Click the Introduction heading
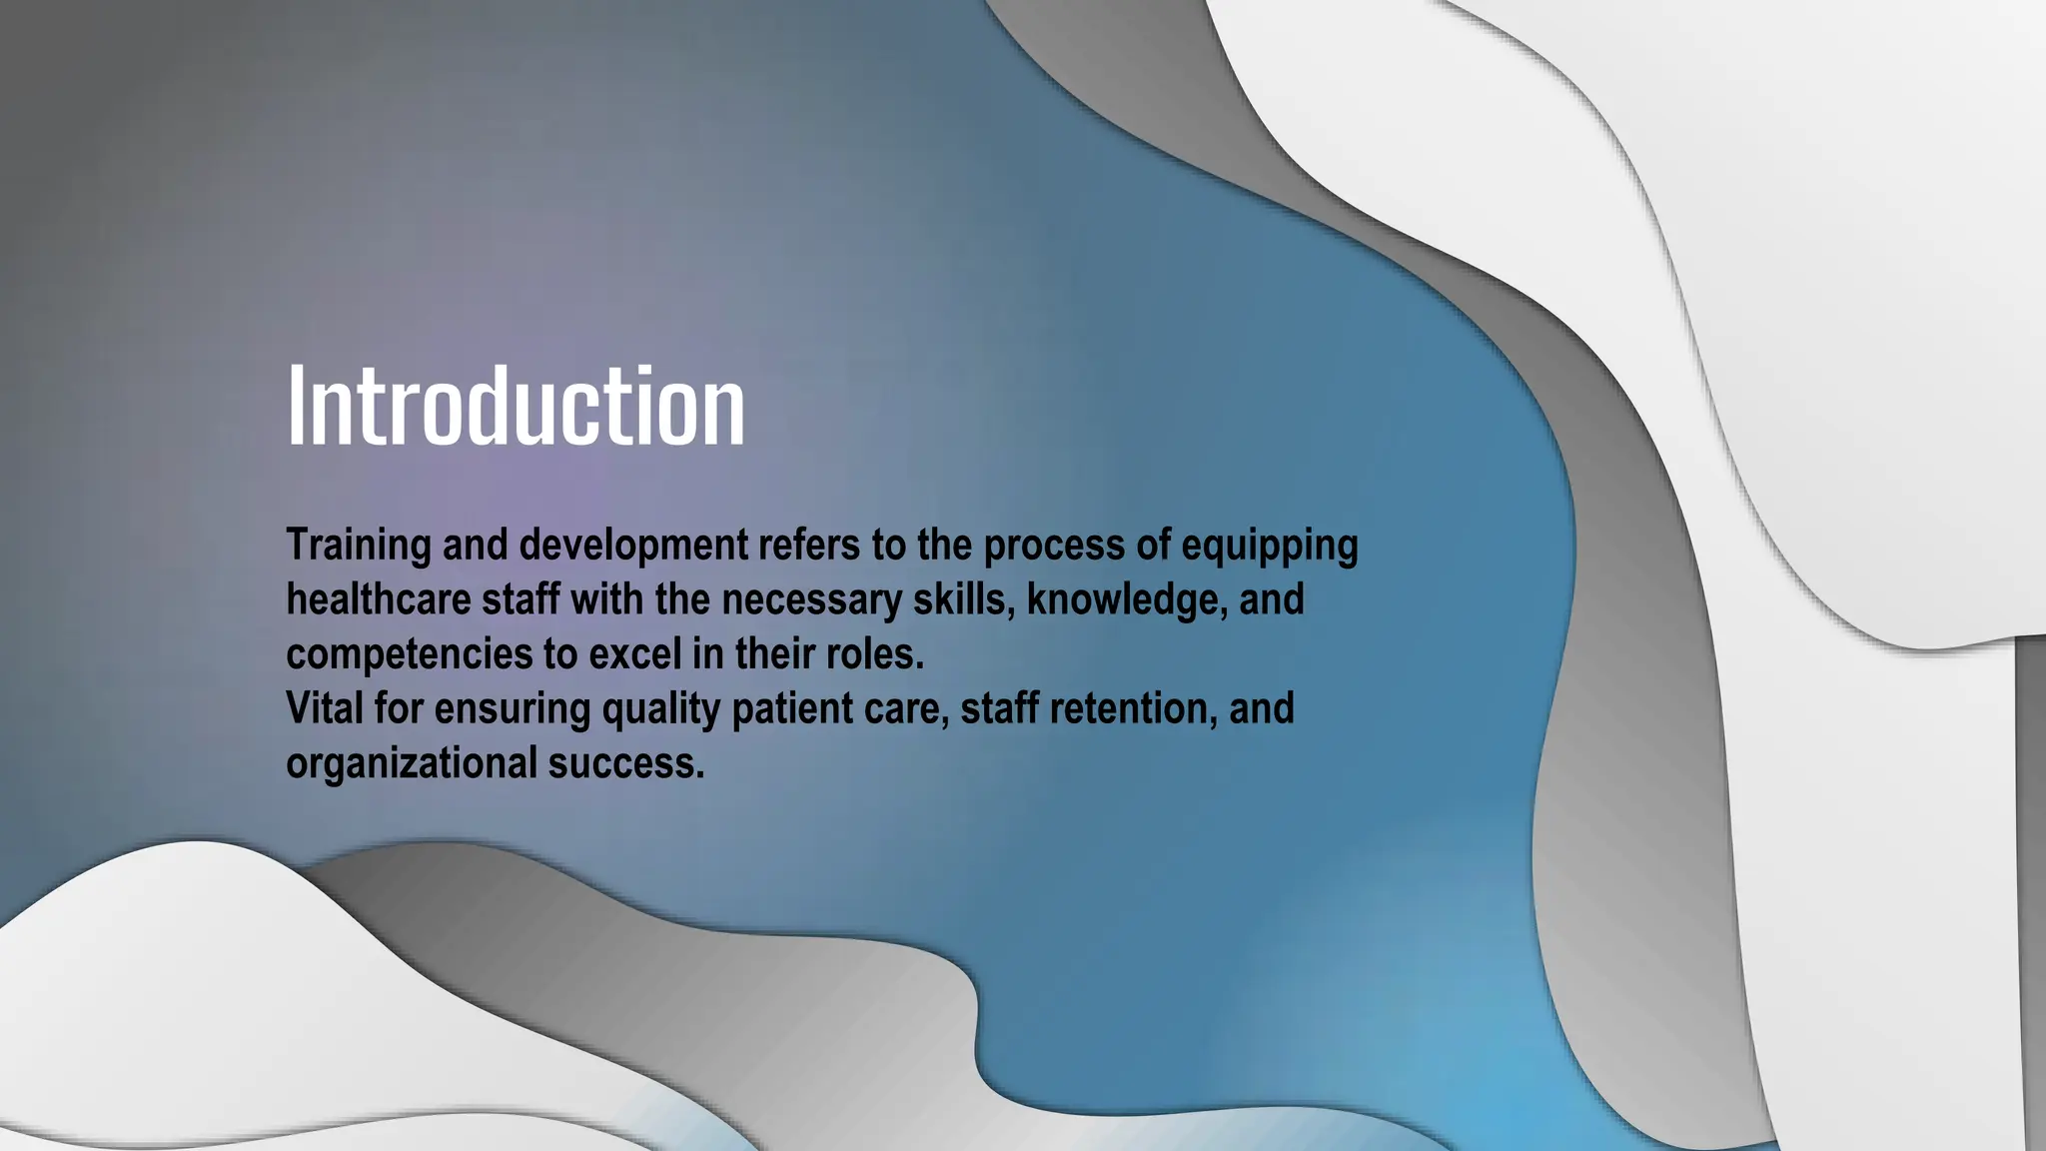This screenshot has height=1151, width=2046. [x=515, y=406]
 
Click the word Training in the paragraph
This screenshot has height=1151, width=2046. [x=358, y=546]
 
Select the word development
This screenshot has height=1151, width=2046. [x=632, y=546]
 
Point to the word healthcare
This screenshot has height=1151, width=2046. [x=378, y=600]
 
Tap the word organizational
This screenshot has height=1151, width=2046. [x=411, y=764]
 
